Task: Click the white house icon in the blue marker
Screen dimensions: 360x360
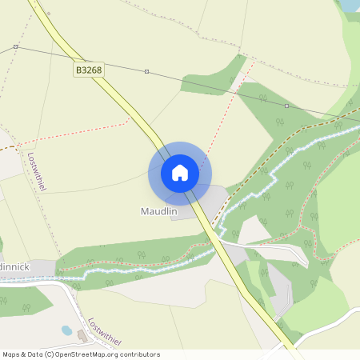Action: (x=180, y=172)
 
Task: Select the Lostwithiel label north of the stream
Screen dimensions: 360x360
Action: (x=37, y=171)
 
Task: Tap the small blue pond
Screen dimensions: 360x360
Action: (x=67, y=330)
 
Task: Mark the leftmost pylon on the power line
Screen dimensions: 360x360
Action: (x=15, y=47)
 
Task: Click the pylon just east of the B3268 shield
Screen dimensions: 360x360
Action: (x=146, y=71)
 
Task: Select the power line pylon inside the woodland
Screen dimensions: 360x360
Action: (x=286, y=105)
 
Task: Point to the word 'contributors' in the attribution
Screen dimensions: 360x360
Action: (x=138, y=354)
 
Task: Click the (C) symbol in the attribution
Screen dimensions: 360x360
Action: (x=49, y=354)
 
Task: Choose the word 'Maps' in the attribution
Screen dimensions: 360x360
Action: (x=11, y=354)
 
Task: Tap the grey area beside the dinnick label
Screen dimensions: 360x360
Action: (x=44, y=267)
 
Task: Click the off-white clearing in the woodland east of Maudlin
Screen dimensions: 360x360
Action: (x=254, y=230)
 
